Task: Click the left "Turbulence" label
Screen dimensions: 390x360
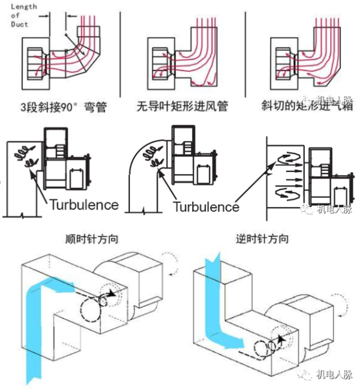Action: pyautogui.click(x=83, y=205)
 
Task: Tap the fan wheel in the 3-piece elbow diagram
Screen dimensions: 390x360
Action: pyautogui.click(x=37, y=63)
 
